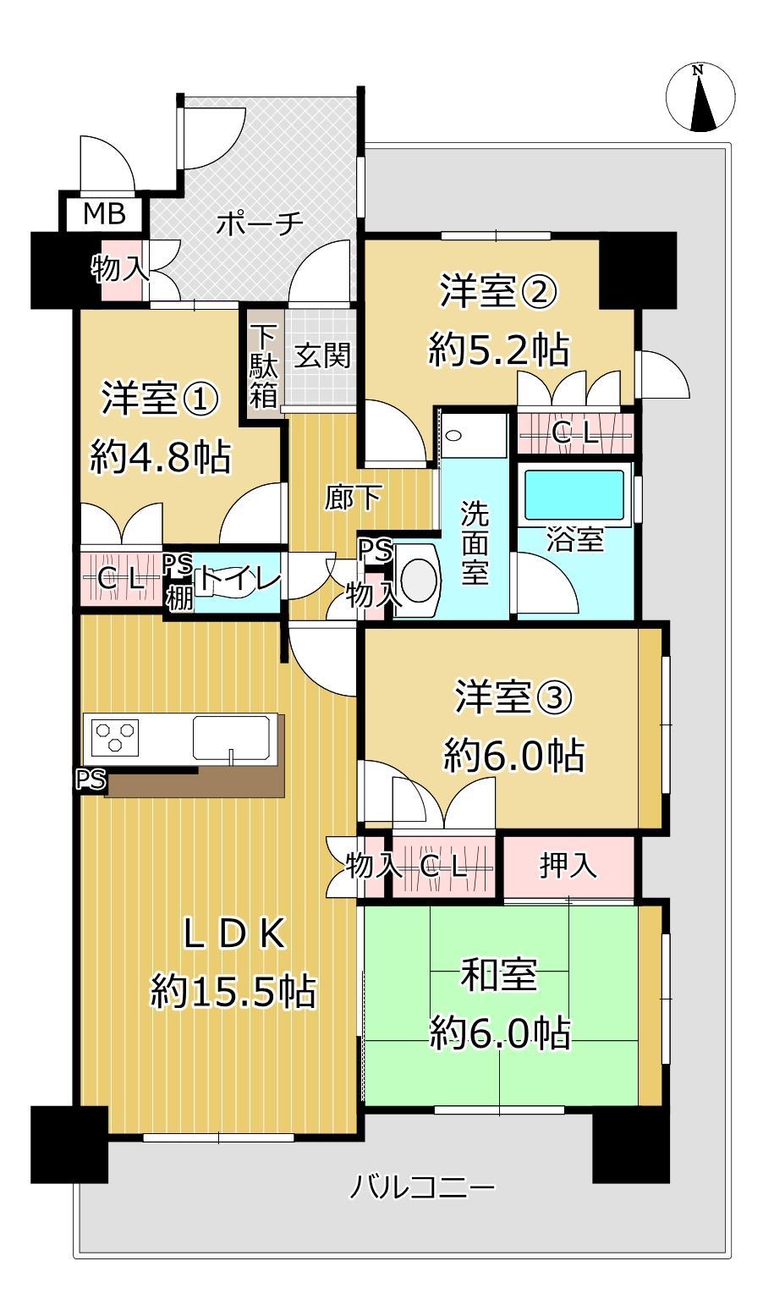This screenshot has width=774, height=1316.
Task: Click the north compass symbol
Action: pyautogui.click(x=700, y=97)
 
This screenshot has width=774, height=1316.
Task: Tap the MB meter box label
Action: pyautogui.click(x=104, y=214)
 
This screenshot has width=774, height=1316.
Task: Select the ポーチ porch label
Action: pyautogui.click(x=260, y=223)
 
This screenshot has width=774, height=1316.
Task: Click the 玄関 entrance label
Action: pyautogui.click(x=322, y=355)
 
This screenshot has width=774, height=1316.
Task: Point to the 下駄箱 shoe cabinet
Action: pyautogui.click(x=263, y=363)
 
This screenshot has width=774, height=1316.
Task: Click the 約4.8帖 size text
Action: pyautogui.click(x=160, y=456)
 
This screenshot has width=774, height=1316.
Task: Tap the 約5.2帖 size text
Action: pyautogui.click(x=498, y=350)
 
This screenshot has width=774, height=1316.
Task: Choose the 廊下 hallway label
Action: pyautogui.click(x=353, y=498)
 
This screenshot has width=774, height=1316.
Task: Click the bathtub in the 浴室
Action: pyautogui.click(x=574, y=495)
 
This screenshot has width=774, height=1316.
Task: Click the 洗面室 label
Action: pyautogui.click(x=475, y=542)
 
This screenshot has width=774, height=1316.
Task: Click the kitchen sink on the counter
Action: pyautogui.click(x=232, y=739)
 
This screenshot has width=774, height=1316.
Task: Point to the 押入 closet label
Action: pyautogui.click(x=568, y=866)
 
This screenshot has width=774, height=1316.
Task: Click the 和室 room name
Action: pyautogui.click(x=498, y=974)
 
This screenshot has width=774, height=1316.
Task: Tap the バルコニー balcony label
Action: pyautogui.click(x=422, y=1187)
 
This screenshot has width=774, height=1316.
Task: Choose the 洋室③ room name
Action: pyautogui.click(x=513, y=697)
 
